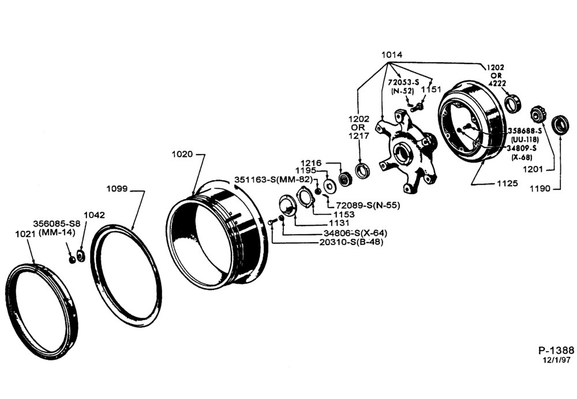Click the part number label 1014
point(392,55)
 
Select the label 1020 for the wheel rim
point(182,154)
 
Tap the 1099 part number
point(117,189)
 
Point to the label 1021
point(25,234)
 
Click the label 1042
point(94,215)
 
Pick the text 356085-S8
point(57,224)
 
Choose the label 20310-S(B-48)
point(351,242)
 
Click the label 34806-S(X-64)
point(355,233)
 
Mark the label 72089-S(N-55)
point(368,205)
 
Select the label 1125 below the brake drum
point(507,183)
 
